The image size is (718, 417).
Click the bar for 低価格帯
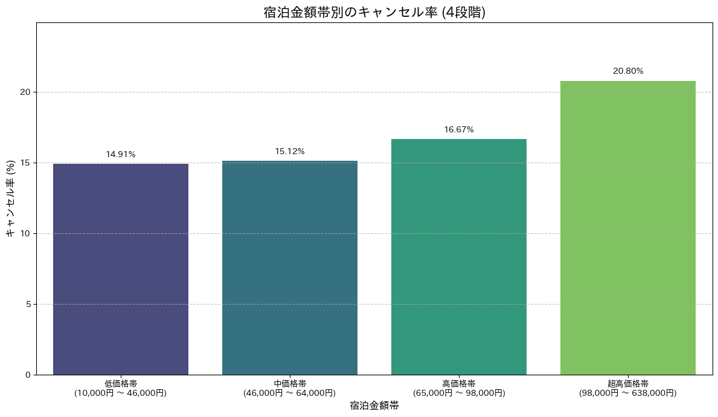(121, 269)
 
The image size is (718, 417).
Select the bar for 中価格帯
(290, 268)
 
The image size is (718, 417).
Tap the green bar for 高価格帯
(459, 257)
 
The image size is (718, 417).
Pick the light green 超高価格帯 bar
(628, 228)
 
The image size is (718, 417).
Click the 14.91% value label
(121, 155)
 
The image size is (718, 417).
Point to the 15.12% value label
(290, 152)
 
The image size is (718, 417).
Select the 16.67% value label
(459, 130)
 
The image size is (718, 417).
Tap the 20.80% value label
(628, 71)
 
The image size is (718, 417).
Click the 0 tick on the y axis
(28, 375)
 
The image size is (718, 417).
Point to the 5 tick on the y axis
(28, 304)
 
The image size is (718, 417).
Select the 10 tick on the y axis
(25, 233)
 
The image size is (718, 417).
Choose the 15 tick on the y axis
(25, 163)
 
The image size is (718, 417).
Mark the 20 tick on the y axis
(25, 92)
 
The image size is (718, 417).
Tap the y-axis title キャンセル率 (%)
(10, 199)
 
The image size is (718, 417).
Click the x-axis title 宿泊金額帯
(374, 406)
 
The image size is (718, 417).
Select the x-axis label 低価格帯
(121, 384)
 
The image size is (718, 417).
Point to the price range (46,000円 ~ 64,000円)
(290, 393)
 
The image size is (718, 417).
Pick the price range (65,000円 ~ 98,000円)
(459, 393)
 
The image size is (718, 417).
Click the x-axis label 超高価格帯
(628, 384)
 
